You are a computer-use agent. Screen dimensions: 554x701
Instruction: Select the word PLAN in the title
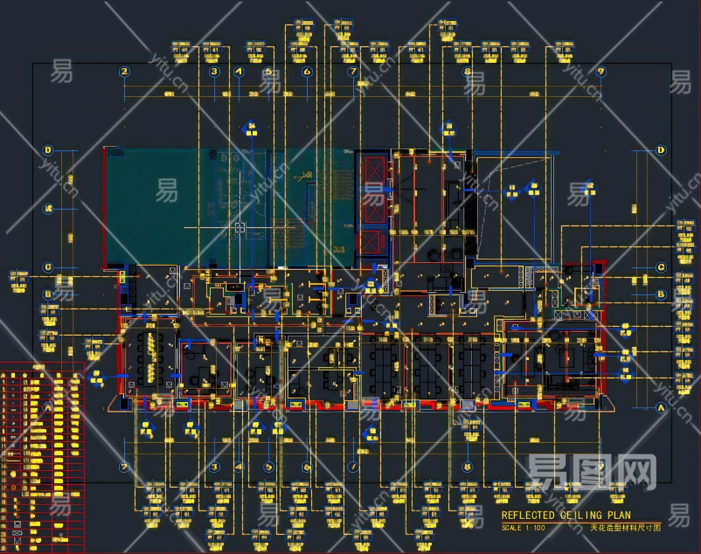click(x=619, y=515)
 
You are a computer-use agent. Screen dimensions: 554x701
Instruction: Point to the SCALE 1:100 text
click(x=523, y=528)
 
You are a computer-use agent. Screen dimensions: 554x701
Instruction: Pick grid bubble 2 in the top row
click(x=124, y=72)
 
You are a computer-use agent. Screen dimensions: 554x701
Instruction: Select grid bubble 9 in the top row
click(x=601, y=72)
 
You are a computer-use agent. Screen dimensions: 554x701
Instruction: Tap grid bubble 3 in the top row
click(x=214, y=72)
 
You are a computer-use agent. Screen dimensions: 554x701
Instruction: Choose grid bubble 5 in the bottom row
click(x=269, y=467)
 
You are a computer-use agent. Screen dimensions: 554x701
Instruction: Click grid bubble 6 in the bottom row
click(x=307, y=467)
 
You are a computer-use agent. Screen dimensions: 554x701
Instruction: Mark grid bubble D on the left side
click(x=48, y=150)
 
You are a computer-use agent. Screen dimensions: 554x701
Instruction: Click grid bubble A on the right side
click(x=661, y=408)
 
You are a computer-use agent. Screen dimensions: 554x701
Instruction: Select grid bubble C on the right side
click(x=661, y=267)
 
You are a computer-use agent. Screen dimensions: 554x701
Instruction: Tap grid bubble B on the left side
click(x=48, y=295)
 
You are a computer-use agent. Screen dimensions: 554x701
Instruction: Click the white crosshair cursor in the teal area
click(x=240, y=228)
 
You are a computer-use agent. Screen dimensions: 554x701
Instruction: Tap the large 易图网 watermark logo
click(x=591, y=473)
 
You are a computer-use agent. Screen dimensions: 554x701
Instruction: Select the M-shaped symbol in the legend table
click(x=18, y=541)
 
